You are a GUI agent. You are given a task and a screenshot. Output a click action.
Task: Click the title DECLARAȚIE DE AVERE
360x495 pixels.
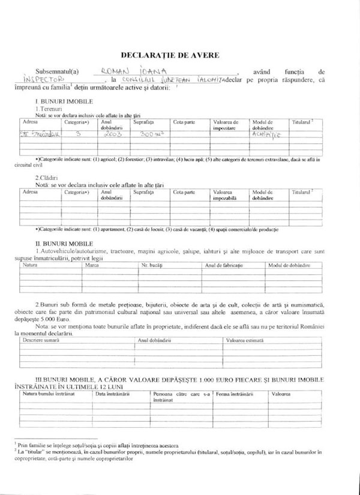(x=170, y=55)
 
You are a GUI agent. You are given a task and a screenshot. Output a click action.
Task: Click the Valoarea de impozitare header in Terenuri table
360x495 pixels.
(x=226, y=124)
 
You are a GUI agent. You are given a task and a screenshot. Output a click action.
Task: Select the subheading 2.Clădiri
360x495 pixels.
(x=46, y=178)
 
